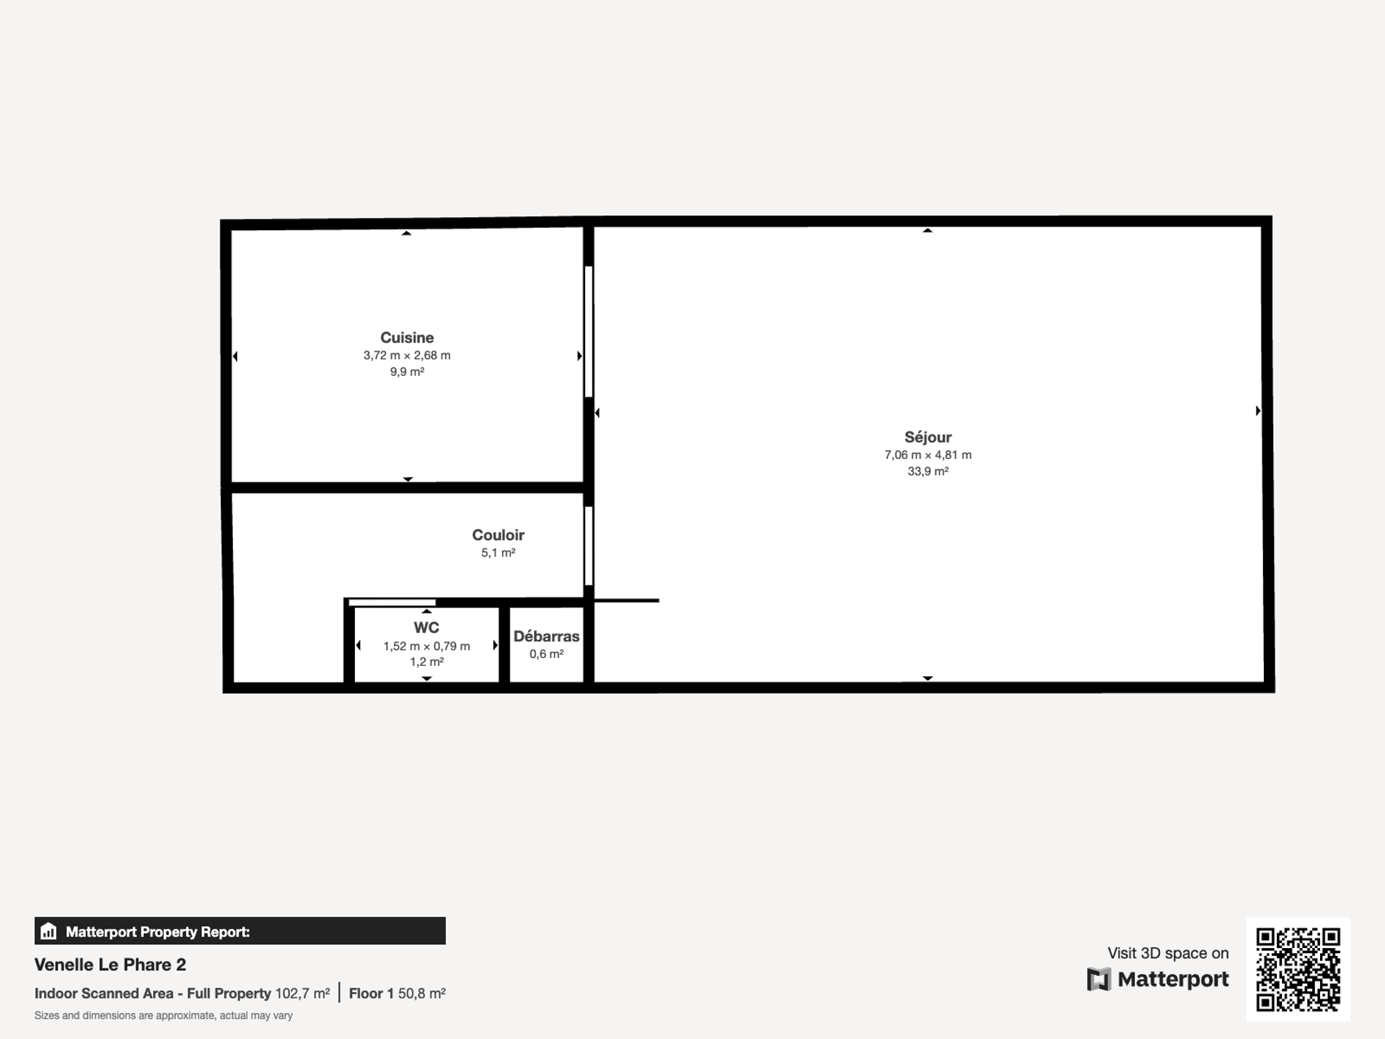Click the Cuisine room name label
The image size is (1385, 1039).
(x=407, y=338)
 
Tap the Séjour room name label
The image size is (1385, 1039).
(x=928, y=437)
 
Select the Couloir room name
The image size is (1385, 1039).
(x=498, y=535)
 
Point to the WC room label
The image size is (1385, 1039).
(x=426, y=628)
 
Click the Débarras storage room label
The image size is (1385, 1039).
(x=546, y=636)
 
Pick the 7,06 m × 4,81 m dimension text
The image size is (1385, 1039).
(x=928, y=455)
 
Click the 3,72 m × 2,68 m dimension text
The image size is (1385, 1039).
(x=407, y=356)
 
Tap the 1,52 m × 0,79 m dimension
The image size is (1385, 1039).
(x=426, y=646)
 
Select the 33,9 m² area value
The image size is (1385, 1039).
(x=928, y=471)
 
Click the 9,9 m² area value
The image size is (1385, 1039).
(x=407, y=372)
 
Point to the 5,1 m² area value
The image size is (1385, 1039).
(x=498, y=553)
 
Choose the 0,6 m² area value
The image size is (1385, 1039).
(x=546, y=654)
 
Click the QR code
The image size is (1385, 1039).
(x=1298, y=970)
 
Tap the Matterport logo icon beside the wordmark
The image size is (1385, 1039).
(x=1098, y=980)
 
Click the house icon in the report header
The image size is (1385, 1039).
(x=48, y=931)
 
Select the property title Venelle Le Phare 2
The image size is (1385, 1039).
(x=110, y=965)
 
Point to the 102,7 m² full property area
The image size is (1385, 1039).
(x=302, y=994)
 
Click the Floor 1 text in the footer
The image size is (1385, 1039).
(x=371, y=994)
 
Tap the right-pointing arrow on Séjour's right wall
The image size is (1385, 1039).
(x=1258, y=411)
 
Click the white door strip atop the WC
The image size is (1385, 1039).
(x=392, y=602)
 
